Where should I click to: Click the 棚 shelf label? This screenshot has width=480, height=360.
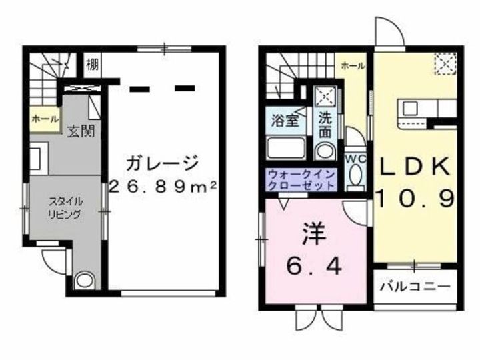coord(93,65)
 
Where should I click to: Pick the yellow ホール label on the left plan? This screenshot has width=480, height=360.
coord(45,121)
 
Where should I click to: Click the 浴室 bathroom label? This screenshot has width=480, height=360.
coord(284,121)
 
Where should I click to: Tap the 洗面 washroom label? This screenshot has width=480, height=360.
coord(325,125)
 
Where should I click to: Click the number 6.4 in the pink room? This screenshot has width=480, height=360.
coord(315,267)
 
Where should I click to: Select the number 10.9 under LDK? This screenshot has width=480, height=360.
coord(416,198)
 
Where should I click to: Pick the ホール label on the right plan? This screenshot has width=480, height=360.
coord(353,65)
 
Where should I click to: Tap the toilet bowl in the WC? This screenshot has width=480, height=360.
coord(355,175)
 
